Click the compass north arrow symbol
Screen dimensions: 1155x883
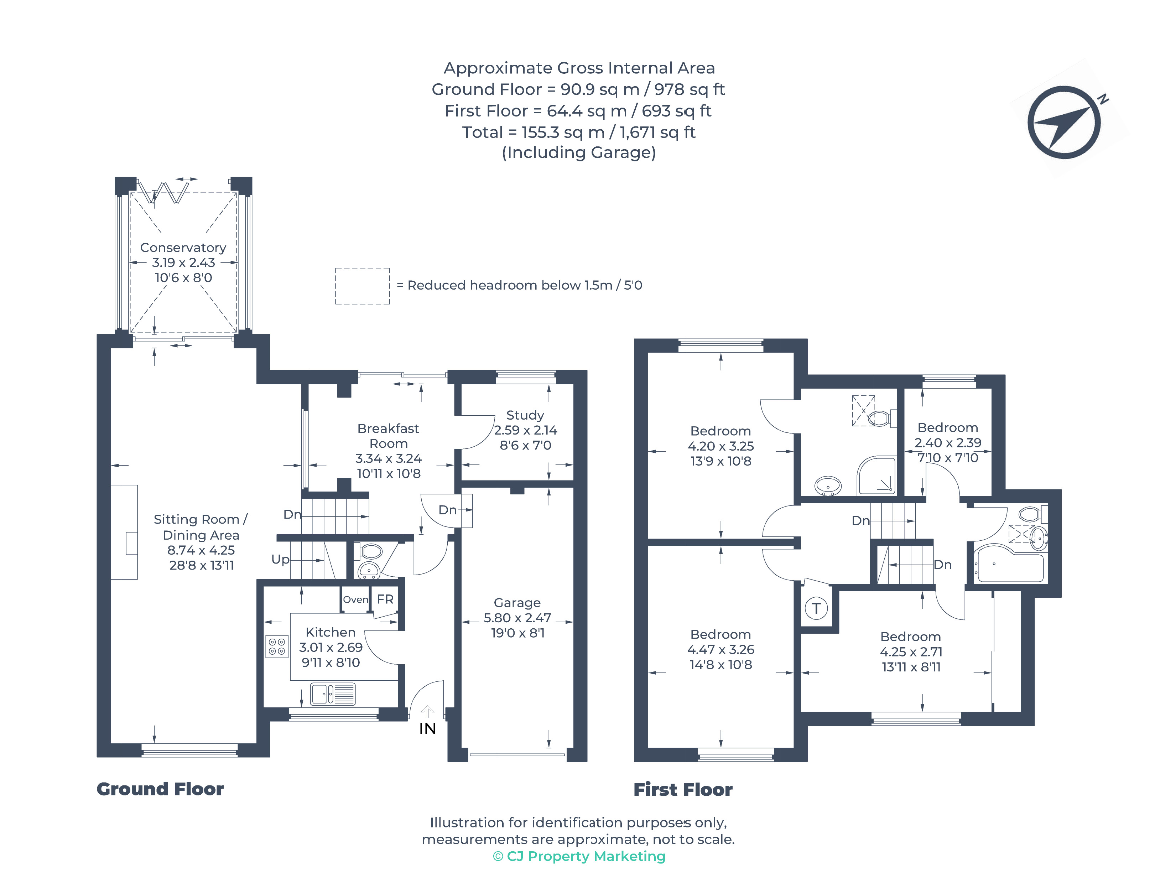pos(1064,123)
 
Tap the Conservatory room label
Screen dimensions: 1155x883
pos(183,248)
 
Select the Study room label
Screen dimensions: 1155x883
pos(525,415)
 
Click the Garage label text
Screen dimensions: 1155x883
pos(517,603)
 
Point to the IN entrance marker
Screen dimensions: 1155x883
pos(427,728)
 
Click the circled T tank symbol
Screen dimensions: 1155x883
pos(816,609)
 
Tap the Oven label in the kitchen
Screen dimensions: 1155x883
pos(356,600)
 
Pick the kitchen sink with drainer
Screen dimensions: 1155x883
pos(333,694)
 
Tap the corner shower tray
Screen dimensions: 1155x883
pos(876,476)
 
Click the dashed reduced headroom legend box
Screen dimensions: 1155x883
pos(363,286)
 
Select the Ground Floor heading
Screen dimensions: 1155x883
pos(160,789)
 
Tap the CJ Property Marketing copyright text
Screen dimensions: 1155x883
pos(579,856)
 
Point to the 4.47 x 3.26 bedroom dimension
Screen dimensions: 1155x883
pos(720,650)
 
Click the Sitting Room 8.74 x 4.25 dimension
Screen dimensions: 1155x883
pos(201,550)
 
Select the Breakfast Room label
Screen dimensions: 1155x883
pos(388,436)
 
